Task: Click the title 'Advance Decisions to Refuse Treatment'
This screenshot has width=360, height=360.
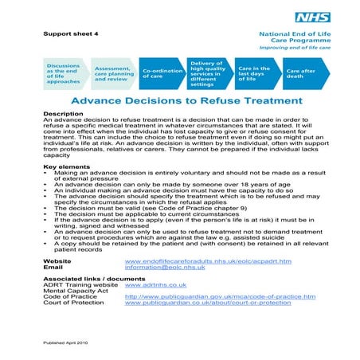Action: pos(187,101)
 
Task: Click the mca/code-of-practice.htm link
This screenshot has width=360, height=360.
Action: pos(220,296)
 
